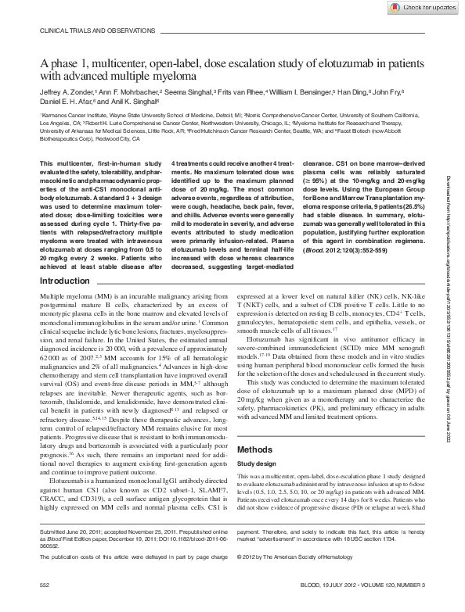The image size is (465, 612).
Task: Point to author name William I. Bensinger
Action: click(301, 91)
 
